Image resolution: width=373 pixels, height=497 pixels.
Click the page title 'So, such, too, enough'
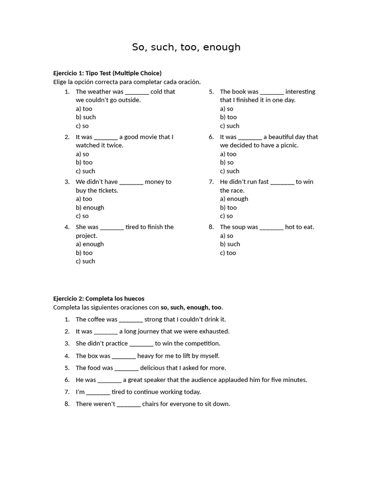point(186,47)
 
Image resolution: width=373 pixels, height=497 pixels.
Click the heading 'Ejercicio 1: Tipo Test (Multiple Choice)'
point(107,73)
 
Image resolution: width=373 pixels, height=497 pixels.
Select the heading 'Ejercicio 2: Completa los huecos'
point(99,298)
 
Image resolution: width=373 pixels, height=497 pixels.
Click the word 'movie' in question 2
point(151,137)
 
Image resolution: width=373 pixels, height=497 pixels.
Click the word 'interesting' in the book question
point(300,92)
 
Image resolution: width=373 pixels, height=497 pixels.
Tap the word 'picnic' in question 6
point(288,145)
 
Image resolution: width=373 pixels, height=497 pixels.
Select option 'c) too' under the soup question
point(228,252)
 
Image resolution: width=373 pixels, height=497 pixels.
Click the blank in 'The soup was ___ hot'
point(271,227)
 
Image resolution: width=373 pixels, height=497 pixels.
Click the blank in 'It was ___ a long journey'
point(105,331)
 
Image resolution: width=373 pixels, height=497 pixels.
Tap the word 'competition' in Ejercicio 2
point(201,343)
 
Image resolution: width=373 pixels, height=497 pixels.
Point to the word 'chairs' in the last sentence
point(152,404)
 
